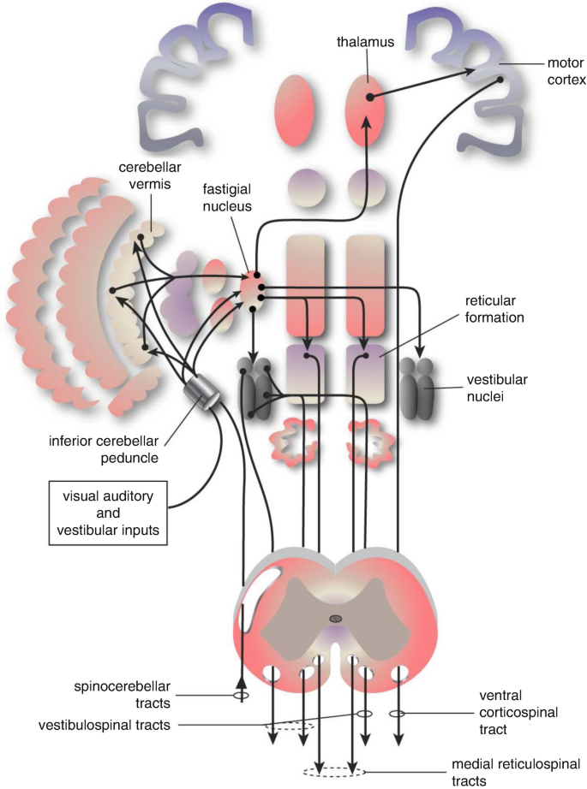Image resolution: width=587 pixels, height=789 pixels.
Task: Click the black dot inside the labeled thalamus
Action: (x=370, y=98)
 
